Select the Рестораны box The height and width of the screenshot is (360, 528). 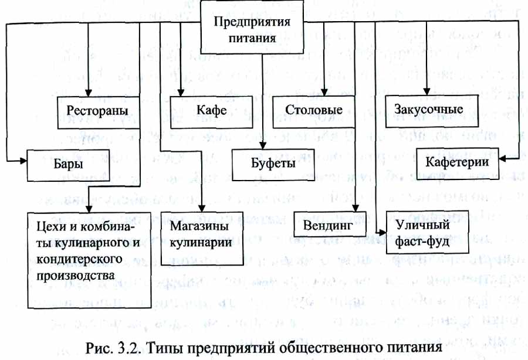[x=99, y=113]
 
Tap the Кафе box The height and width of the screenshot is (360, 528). [x=211, y=113]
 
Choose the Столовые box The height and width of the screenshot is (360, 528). [x=313, y=112]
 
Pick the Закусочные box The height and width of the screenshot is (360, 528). [x=432, y=111]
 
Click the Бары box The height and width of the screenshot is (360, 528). [x=69, y=165]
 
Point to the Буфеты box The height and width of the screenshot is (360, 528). [x=273, y=165]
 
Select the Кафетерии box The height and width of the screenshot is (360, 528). [x=458, y=164]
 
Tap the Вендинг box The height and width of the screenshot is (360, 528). [x=330, y=225]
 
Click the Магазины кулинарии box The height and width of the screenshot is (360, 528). [x=202, y=238]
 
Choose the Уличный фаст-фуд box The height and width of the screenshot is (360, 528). [x=427, y=232]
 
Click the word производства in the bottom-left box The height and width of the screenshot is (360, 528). [x=76, y=276]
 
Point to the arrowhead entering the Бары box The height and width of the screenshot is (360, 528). [x=23, y=161]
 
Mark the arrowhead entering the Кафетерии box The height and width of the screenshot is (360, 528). [x=503, y=159]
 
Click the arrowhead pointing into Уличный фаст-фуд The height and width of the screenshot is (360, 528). [x=383, y=233]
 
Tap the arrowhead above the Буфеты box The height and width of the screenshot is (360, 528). [x=263, y=145]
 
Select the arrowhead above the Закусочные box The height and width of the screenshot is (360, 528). [x=427, y=91]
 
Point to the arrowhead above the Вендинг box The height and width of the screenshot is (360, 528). [x=356, y=208]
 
